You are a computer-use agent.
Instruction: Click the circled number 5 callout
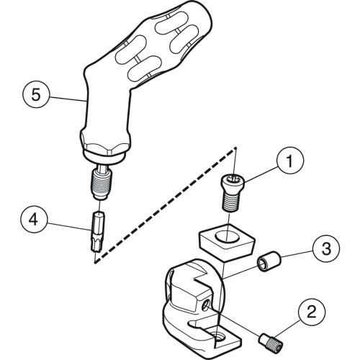tap(36, 94)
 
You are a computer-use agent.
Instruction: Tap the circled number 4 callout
tap(34, 220)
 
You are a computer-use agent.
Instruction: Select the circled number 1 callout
tap(290, 161)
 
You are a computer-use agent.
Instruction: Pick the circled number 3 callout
tap(326, 248)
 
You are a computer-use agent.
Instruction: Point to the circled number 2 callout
tap(312, 312)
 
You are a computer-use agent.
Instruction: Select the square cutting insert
tap(227, 240)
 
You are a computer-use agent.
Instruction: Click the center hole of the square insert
tap(227, 235)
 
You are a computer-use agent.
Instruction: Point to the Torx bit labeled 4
tap(99, 231)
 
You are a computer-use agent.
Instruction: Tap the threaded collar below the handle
tap(102, 183)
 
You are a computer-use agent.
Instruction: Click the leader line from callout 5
tap(68, 99)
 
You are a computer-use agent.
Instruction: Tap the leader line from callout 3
tap(297, 253)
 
